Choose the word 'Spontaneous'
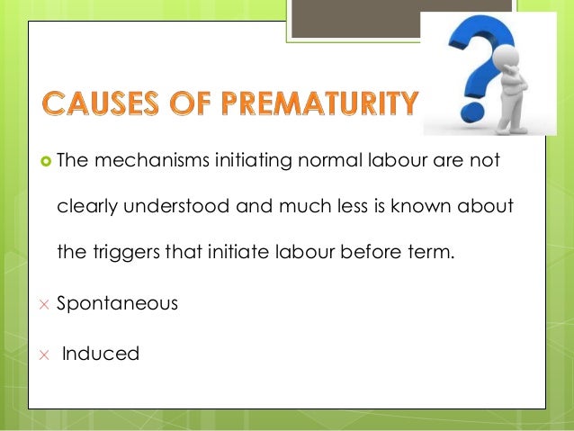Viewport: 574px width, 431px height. click(x=117, y=303)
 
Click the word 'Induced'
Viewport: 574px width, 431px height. click(x=100, y=353)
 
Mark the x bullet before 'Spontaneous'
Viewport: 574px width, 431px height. click(x=42, y=304)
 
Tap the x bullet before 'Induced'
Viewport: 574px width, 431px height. click(x=42, y=354)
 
